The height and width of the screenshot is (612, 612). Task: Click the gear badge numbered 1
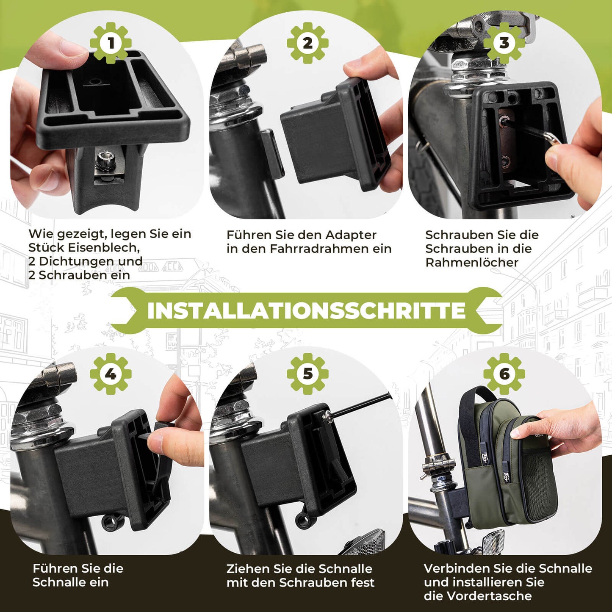coord(111,43)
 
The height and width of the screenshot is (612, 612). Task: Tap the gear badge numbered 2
coord(307,43)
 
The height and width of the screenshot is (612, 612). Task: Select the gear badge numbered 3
coord(504,43)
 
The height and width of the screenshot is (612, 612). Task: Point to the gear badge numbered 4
coord(111,374)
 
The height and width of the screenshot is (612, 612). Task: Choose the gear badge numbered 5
coord(307,374)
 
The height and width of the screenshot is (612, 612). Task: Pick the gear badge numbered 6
coord(504,374)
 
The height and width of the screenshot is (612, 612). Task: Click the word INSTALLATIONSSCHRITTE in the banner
coord(306,310)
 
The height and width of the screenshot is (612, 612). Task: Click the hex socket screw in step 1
coord(103,161)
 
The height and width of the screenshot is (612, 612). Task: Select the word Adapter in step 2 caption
coord(351,235)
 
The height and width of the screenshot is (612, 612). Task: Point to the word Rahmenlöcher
coord(472,263)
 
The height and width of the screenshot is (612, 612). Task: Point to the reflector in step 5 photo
coord(364,542)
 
